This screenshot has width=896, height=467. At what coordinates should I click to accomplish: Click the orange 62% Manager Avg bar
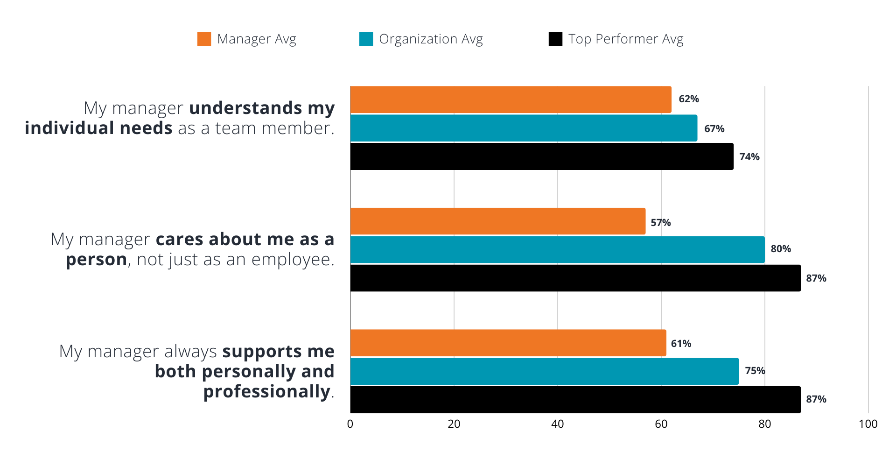click(x=511, y=99)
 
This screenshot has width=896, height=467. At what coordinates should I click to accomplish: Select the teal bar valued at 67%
click(x=524, y=128)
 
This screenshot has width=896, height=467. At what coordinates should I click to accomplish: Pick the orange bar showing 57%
click(x=498, y=221)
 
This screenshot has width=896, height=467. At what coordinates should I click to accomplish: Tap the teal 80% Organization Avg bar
click(x=557, y=249)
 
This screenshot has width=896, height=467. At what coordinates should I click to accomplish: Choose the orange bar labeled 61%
click(x=508, y=343)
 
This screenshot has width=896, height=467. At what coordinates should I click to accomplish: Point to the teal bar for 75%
click(x=545, y=371)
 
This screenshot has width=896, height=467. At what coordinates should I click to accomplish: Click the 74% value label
click(x=749, y=157)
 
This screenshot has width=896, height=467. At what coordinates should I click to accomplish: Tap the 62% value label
click(x=688, y=99)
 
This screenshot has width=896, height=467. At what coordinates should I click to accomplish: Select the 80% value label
click(x=780, y=249)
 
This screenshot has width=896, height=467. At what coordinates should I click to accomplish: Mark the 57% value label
click(x=660, y=223)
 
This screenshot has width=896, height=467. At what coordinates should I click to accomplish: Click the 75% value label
click(x=755, y=371)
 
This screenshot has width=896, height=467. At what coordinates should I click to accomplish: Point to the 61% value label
click(x=681, y=344)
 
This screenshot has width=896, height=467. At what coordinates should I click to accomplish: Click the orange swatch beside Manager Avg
click(x=204, y=39)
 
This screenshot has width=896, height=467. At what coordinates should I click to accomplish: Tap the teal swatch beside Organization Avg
click(x=366, y=39)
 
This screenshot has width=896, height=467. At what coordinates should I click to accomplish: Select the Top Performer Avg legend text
click(x=625, y=39)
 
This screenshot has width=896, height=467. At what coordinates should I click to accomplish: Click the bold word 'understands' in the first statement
click(x=245, y=108)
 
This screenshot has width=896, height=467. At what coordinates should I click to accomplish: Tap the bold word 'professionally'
click(x=266, y=391)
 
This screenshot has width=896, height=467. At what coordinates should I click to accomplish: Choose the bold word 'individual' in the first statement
click(x=69, y=128)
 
